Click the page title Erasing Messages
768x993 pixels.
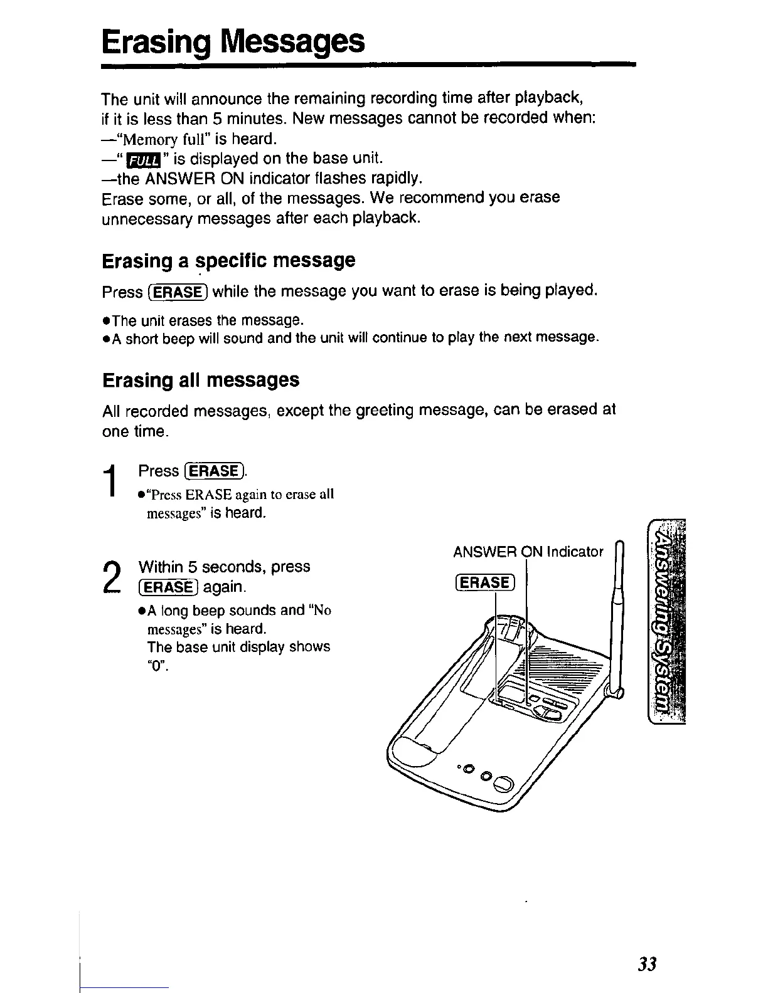point(233,41)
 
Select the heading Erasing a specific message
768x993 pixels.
point(228,260)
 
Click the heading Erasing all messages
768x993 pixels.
point(200,380)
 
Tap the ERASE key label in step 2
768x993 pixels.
point(168,587)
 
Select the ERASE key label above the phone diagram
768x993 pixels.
point(484,582)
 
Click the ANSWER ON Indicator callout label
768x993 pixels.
point(528,552)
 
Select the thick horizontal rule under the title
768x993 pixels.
point(369,65)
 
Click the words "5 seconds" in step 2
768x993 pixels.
point(216,567)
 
